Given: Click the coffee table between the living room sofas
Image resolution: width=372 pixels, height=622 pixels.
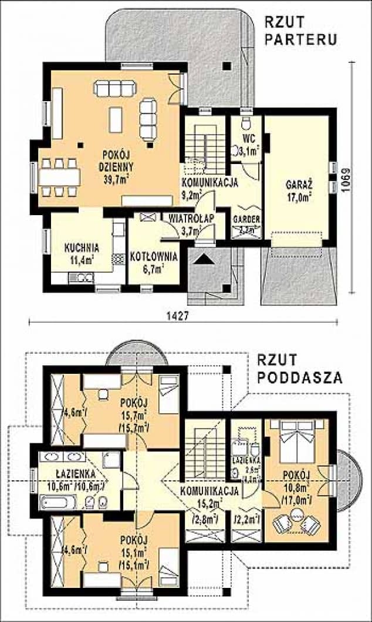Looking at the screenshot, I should (x=116, y=118).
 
